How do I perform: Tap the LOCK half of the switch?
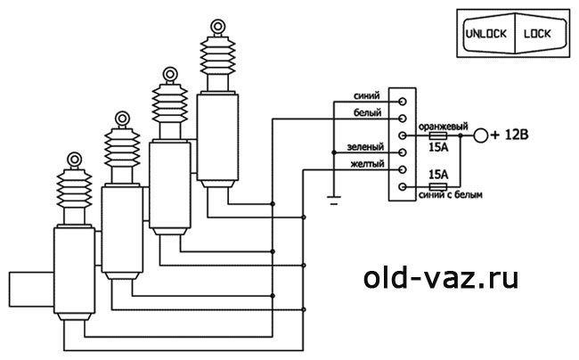point(538,35)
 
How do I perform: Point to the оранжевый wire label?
point(443,127)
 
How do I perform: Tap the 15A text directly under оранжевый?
point(438,149)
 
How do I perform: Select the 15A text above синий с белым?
point(438,174)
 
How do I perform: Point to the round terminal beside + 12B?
point(482,136)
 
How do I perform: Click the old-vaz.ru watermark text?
point(441,278)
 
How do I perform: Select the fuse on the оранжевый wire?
point(439,136)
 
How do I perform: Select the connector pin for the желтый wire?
point(404,169)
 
